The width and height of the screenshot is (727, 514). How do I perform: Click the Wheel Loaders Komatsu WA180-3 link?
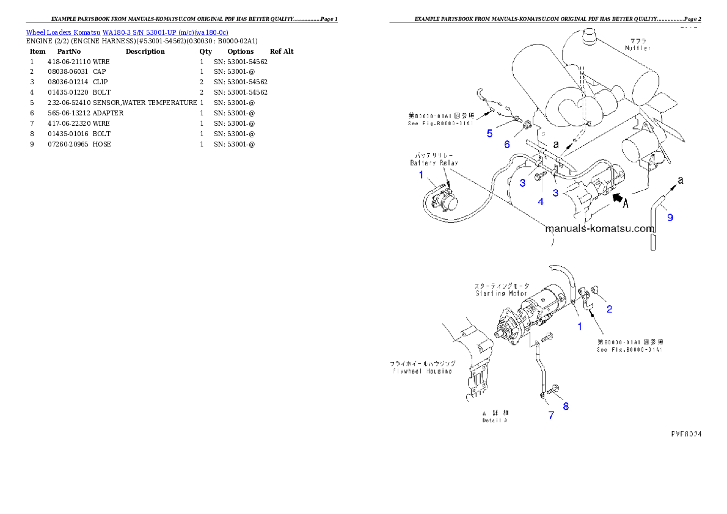tap(127, 32)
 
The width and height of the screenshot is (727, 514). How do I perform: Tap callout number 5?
tap(489, 134)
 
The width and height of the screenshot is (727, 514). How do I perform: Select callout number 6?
tap(506, 144)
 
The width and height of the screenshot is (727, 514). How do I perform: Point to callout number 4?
tap(540, 201)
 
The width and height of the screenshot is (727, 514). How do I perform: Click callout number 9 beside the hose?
tap(670, 217)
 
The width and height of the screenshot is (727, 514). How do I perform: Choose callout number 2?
tap(609, 309)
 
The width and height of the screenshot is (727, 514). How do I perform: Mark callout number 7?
tap(550, 415)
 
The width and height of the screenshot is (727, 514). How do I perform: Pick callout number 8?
tap(566, 406)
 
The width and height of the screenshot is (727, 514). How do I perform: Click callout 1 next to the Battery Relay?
tap(421, 175)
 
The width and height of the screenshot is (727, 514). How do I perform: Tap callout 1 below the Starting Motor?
tap(580, 327)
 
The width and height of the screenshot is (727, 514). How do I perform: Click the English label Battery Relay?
tap(434, 163)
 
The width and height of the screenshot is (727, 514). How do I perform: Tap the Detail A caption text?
tap(495, 420)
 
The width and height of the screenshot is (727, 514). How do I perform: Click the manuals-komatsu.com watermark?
tap(599, 230)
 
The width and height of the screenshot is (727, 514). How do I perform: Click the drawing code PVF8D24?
tap(685, 434)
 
